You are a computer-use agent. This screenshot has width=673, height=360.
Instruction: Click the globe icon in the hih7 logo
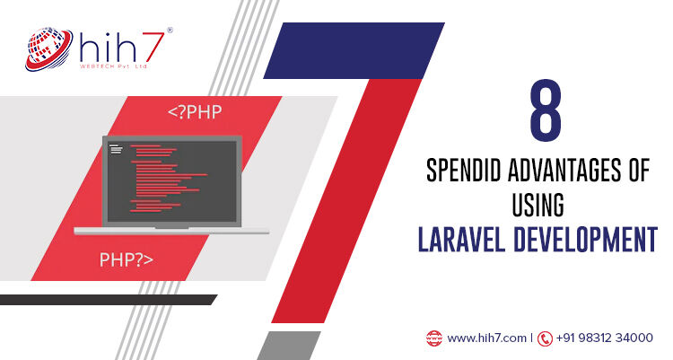pyautogui.click(x=48, y=49)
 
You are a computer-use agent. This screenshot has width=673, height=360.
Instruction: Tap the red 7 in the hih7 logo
pyautogui.click(x=150, y=48)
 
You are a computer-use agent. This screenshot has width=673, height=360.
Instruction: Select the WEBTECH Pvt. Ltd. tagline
pyautogui.click(x=113, y=66)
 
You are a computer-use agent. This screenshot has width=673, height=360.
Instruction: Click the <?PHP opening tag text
pyautogui.click(x=195, y=111)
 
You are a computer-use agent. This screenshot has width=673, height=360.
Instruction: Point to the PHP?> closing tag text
pyautogui.click(x=127, y=259)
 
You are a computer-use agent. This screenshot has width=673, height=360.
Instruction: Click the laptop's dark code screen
pyautogui.click(x=171, y=180)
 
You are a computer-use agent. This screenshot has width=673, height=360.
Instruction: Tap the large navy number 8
pyautogui.click(x=546, y=110)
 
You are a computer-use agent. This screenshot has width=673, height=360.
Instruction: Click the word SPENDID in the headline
pyautogui.click(x=464, y=170)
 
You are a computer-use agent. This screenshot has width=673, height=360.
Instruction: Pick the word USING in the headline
pyautogui.click(x=538, y=205)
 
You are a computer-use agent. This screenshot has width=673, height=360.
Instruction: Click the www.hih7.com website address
pyautogui.click(x=486, y=338)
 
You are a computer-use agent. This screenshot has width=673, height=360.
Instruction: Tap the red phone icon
pyautogui.click(x=545, y=338)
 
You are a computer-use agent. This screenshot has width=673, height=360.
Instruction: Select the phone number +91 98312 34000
pyautogui.click(x=604, y=338)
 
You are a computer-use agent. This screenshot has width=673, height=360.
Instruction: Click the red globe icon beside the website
pyautogui.click(x=434, y=338)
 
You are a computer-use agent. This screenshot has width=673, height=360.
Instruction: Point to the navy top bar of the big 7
pyautogui.click(x=354, y=50)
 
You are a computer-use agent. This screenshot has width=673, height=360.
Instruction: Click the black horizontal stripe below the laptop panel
pyautogui.click(x=108, y=300)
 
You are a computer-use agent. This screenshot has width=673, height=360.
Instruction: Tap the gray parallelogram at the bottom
pyautogui.click(x=289, y=346)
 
